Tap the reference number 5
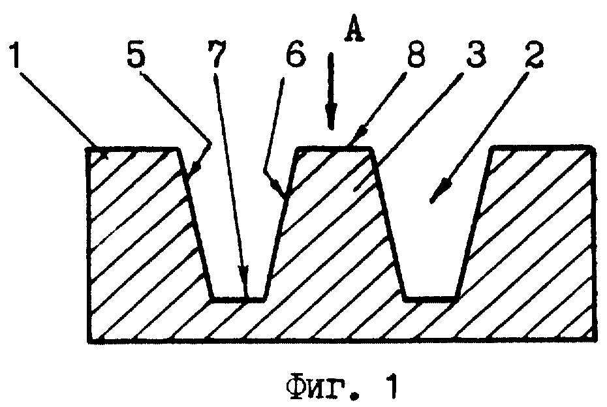[x=136, y=54]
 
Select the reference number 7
[x=216, y=53]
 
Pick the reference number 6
[x=296, y=53]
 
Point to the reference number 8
[x=415, y=53]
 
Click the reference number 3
[x=476, y=53]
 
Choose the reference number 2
[x=534, y=53]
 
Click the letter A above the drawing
[x=354, y=28]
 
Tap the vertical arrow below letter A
[x=331, y=91]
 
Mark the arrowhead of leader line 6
[x=280, y=190]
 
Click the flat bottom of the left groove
[x=240, y=299]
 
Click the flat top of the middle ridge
[x=334, y=148]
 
